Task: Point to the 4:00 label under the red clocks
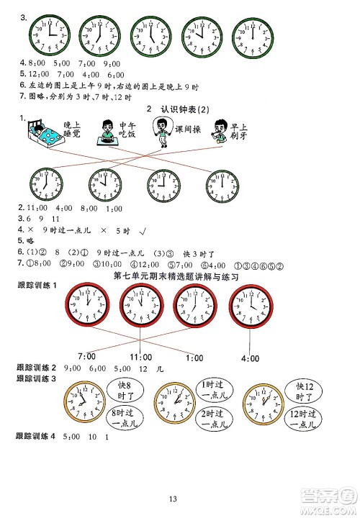coord(251,358)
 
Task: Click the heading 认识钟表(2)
coord(177,109)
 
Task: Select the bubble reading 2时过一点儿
coord(212,418)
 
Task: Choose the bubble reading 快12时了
coord(310,391)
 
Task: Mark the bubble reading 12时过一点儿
coord(312,418)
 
